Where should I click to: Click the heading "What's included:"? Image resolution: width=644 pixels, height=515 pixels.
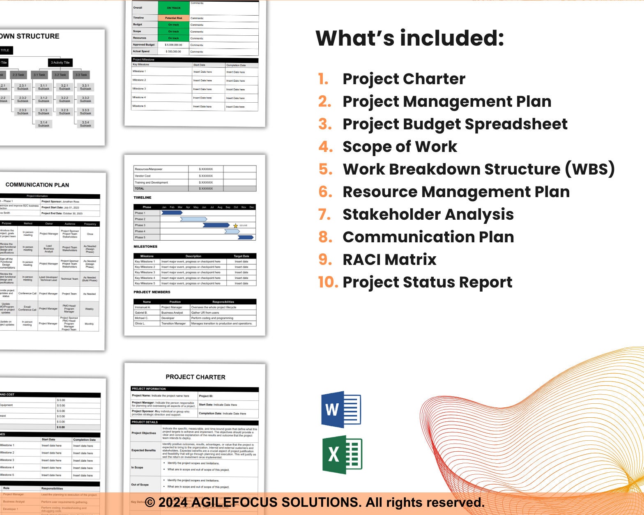[409, 38]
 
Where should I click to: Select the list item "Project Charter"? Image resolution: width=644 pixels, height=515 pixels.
[404, 79]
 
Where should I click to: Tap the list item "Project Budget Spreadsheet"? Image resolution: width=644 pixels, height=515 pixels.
[455, 124]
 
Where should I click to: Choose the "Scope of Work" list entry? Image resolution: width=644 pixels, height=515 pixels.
[400, 147]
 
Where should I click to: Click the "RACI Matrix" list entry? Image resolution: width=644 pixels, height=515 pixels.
[389, 260]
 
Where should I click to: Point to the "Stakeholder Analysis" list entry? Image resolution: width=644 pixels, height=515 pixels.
[428, 214]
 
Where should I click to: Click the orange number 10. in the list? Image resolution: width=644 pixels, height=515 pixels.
[328, 282]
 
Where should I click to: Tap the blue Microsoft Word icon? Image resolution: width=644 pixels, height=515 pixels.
[340, 409]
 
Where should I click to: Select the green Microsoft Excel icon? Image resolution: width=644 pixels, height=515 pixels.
[342, 455]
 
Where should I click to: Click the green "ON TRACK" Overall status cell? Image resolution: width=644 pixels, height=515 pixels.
[174, 8]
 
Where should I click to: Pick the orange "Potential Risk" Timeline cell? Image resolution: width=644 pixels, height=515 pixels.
[174, 18]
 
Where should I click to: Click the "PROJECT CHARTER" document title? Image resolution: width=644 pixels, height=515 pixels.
[195, 377]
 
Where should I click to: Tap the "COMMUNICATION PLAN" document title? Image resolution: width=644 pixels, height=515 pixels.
[37, 185]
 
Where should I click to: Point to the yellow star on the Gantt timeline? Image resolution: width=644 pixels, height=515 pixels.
[235, 225]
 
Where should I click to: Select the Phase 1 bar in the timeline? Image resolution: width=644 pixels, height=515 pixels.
[171, 213]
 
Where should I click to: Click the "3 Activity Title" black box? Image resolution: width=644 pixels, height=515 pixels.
[60, 62]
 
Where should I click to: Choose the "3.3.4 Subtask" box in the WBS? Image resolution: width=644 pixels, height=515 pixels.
[85, 124]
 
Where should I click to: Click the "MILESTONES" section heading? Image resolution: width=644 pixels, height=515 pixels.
[145, 246]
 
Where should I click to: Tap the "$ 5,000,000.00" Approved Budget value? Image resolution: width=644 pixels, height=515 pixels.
[173, 45]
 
